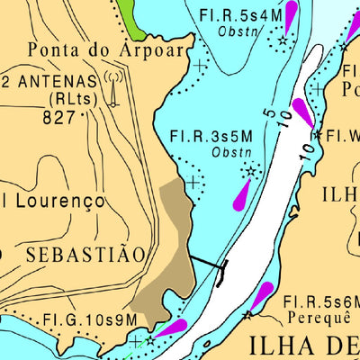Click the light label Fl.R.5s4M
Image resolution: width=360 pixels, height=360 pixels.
[238, 15]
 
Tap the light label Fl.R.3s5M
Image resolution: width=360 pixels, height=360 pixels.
[210, 137]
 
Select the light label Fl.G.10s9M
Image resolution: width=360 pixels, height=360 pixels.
[90, 320]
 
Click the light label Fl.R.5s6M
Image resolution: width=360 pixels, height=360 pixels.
[320, 301]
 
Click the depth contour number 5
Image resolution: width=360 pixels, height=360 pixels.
[267, 112]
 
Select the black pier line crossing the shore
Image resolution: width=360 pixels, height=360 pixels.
[206, 263]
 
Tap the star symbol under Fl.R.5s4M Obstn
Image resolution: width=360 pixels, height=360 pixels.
[283, 41]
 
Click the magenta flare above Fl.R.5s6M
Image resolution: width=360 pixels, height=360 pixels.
[262, 295]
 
